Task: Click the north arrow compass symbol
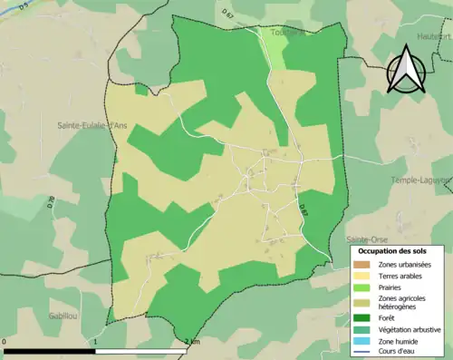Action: point(404,73)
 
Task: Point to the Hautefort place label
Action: point(434,35)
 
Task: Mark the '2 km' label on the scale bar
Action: point(191,342)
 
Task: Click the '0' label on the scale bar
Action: point(5,342)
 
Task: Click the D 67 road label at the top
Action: point(227,15)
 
